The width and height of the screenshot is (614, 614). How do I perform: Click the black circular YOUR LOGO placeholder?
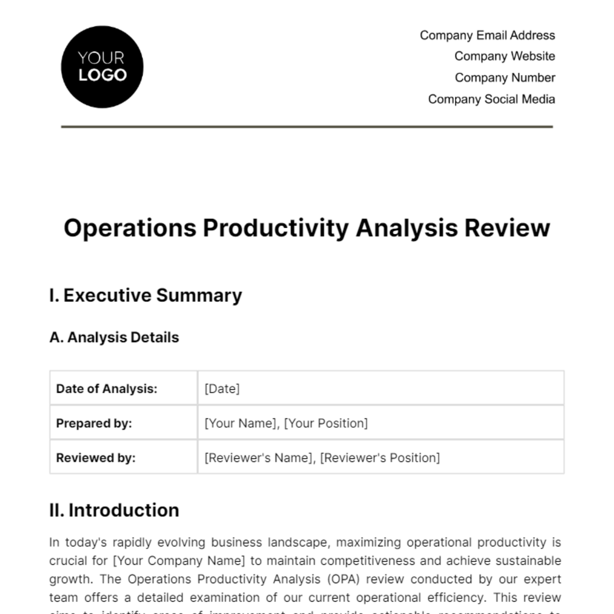click(102, 67)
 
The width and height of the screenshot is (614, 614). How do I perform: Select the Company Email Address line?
click(487, 35)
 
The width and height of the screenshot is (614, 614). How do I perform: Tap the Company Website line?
click(505, 56)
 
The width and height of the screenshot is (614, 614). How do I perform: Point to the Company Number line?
click(505, 78)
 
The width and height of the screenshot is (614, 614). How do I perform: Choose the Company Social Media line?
click(491, 99)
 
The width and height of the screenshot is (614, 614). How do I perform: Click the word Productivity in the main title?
click(276, 228)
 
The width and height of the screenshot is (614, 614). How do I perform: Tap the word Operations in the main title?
click(130, 228)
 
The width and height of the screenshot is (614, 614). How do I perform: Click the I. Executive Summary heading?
click(146, 296)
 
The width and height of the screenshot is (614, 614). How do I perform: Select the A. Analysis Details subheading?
click(114, 338)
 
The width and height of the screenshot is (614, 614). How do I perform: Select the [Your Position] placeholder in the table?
click(326, 424)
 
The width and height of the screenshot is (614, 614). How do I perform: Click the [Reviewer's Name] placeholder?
click(258, 458)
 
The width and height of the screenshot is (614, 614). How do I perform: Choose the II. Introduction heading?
click(114, 511)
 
